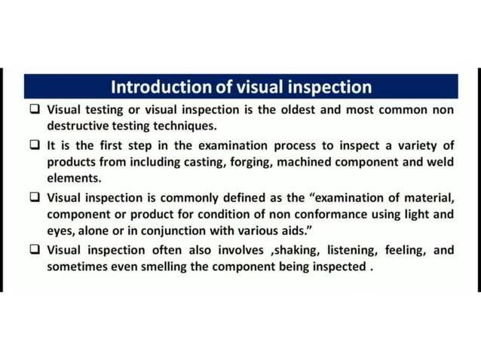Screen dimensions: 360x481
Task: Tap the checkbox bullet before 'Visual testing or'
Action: (35, 110)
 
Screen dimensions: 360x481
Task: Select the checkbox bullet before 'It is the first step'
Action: (35, 145)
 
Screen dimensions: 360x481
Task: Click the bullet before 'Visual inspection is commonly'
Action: (35, 198)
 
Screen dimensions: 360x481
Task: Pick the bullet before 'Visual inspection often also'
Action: (35, 249)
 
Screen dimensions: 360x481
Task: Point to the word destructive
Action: (81, 126)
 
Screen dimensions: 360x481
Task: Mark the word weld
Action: (440, 162)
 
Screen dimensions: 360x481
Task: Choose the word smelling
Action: (158, 267)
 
